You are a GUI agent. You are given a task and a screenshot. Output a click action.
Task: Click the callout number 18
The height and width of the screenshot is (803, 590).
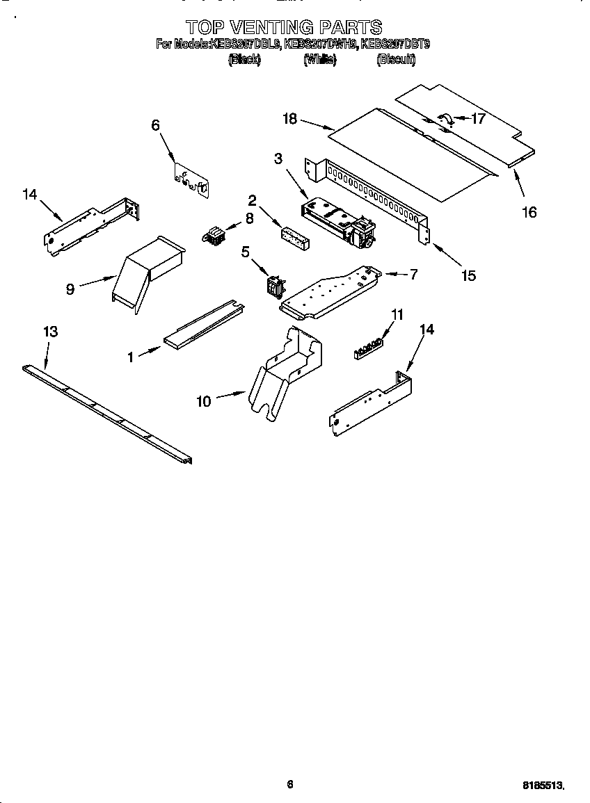[x=289, y=119]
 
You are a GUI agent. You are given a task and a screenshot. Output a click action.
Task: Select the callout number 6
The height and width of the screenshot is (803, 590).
[x=155, y=125]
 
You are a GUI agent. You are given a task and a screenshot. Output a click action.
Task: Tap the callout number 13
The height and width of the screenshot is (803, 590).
[x=50, y=332]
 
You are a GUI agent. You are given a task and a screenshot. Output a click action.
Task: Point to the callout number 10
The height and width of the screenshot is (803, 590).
[x=203, y=401]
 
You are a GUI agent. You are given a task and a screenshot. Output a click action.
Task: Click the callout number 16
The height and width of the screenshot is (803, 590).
[x=529, y=212]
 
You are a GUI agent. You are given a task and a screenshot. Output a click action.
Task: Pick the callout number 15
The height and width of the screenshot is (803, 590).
[x=468, y=276]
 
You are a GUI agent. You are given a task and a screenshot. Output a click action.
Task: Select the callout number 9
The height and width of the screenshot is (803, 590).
[x=70, y=289]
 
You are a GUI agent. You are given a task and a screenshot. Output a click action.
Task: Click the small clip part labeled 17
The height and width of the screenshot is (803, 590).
[x=445, y=120]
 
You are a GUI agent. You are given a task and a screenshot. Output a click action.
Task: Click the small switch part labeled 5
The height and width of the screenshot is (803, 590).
[x=274, y=285]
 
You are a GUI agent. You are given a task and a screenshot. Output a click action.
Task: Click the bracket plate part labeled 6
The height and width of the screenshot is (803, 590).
[x=191, y=180]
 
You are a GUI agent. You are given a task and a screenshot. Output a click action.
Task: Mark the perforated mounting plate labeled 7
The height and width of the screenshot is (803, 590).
[x=330, y=292]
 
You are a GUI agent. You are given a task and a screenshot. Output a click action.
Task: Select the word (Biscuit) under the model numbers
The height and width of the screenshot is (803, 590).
[x=395, y=60]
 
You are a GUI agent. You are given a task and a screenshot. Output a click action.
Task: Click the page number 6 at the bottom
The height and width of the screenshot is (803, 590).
[x=290, y=784]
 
